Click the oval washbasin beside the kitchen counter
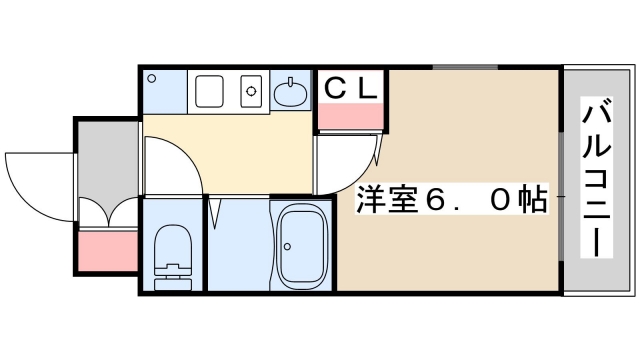tap(291, 94)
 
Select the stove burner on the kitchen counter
tap(251, 91)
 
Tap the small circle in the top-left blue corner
tap(152, 77)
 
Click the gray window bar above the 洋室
tap(464, 67)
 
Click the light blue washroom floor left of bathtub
tap(238, 245)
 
